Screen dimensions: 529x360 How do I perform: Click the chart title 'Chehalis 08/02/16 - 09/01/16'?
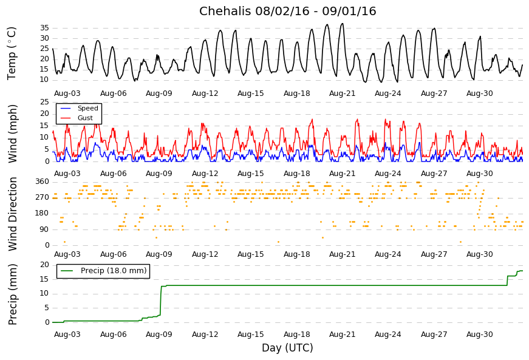[x=287, y=11]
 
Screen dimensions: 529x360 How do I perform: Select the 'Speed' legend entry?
[x=87, y=108]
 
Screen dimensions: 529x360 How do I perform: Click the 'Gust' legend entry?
[x=85, y=118]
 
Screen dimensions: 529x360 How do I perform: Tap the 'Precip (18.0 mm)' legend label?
[x=114, y=271]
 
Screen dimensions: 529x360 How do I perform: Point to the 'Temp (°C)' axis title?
[x=12, y=53]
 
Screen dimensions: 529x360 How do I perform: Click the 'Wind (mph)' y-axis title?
[x=12, y=134]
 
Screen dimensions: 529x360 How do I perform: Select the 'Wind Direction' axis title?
[x=12, y=214]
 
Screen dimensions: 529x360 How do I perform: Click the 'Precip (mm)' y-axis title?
[x=12, y=294]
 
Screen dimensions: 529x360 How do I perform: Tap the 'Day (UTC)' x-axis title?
[x=287, y=348]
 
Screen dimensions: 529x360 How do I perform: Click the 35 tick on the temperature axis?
[x=44, y=28]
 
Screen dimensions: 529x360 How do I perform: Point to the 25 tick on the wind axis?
[x=44, y=102]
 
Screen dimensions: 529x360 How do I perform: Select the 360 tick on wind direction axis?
[x=43, y=182]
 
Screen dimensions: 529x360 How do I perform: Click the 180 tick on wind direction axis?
[x=43, y=213]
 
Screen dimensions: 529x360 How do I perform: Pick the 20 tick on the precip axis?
[x=44, y=265]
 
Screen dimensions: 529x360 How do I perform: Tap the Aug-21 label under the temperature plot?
[x=343, y=93]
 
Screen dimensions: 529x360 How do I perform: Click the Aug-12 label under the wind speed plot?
[x=205, y=174]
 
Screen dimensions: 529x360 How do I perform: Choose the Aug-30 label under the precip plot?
[x=480, y=335]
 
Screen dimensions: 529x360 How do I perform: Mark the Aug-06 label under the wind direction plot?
[x=114, y=254]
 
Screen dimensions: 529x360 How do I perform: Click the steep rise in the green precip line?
[x=160, y=301]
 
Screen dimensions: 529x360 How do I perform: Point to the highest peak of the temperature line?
[x=343, y=23]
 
